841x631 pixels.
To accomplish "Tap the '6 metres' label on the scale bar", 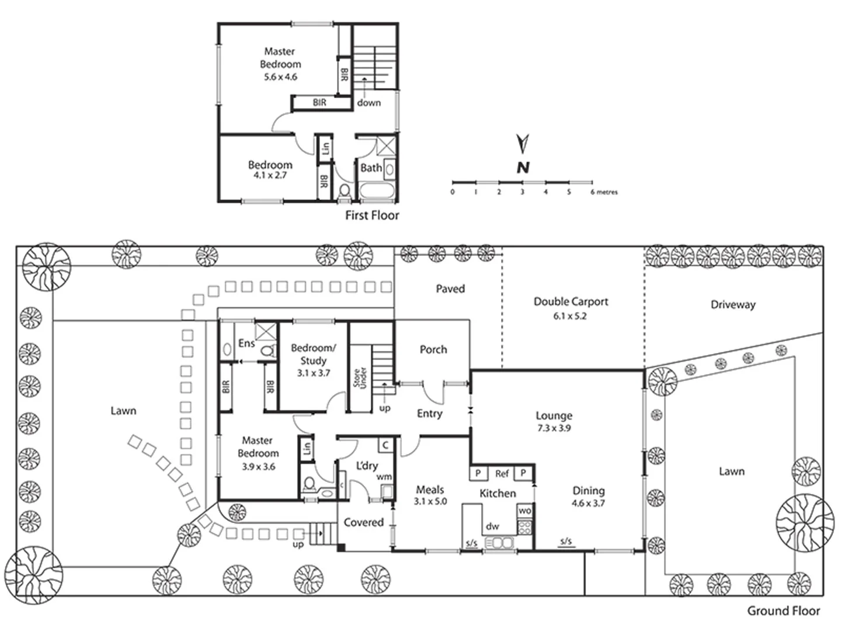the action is pos(604,192).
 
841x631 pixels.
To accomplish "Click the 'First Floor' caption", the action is pos(372,216).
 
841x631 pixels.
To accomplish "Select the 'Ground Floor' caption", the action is pos(784,611).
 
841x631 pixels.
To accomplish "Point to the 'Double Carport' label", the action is pos(571,301).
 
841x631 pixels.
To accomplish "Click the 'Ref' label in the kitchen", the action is pos(502,474).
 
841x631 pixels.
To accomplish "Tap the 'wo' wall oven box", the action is pos(525,511).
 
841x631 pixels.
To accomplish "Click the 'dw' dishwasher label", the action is pos(492,526).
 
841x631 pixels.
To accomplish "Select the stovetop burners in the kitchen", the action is pos(524,527).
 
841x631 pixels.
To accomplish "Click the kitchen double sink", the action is pos(499,543).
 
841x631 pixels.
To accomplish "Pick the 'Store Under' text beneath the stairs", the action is pos(360,379).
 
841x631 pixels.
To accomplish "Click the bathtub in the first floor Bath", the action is pos(377,190).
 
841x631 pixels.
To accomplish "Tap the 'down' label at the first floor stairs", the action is pos(369,103).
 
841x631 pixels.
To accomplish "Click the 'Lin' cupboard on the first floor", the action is pos(325,148).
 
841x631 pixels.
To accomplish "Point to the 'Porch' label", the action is pos(433,349).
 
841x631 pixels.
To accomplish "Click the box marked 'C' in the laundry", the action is pos(385,445).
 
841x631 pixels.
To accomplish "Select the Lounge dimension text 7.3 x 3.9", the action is pos(554,428).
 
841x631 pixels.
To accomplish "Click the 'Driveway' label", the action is pos(733,304).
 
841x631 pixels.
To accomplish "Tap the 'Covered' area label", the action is pos(364,522).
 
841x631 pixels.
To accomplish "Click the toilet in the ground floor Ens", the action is pos(268,350).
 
